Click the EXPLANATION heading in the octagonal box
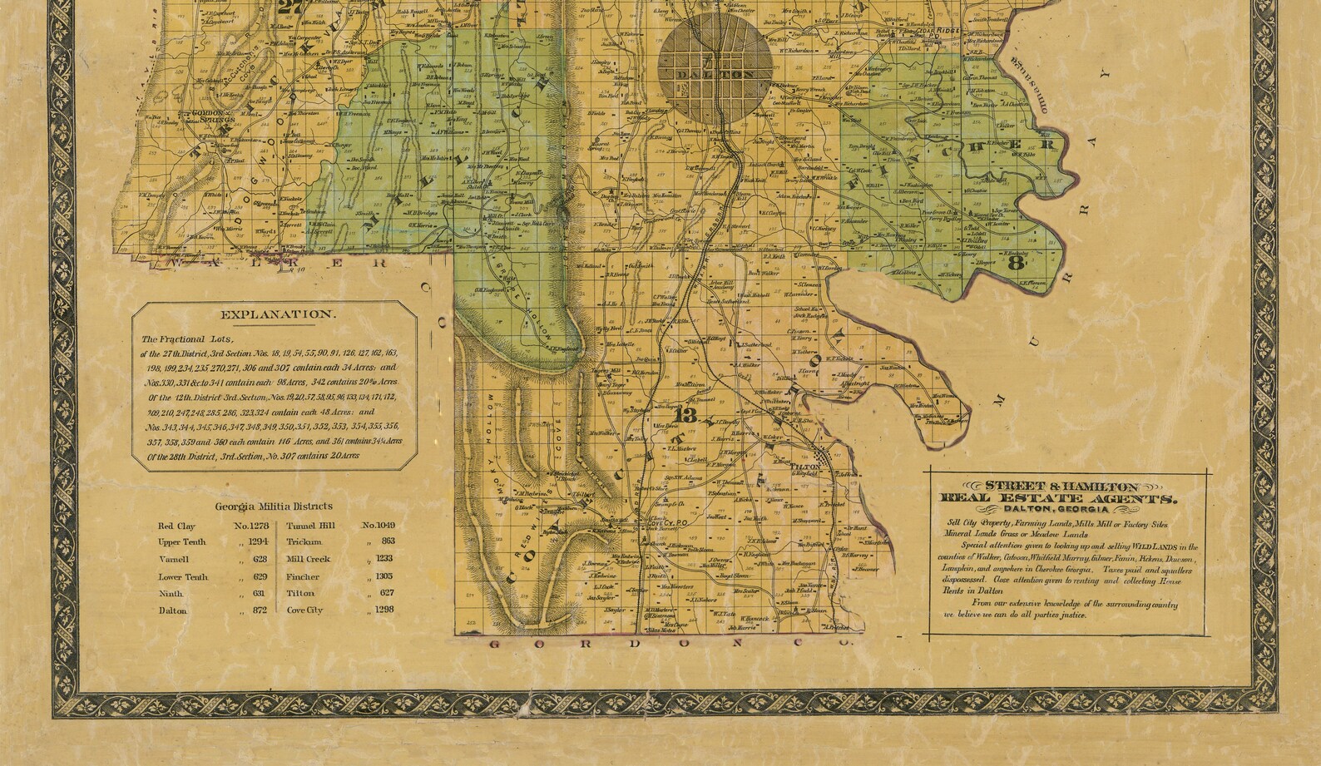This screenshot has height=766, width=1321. [x=278, y=315]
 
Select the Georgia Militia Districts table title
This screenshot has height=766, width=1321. [x=274, y=506]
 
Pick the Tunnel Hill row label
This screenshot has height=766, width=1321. [x=311, y=526]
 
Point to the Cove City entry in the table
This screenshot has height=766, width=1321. [x=304, y=610]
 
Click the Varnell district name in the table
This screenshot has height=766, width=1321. [x=174, y=560]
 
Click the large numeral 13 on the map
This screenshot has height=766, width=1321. [x=688, y=415]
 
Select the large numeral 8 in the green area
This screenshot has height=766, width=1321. [x=1015, y=264]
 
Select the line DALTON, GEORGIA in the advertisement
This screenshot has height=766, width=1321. [x=1056, y=510]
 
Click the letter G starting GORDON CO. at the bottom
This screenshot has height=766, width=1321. [x=493, y=645]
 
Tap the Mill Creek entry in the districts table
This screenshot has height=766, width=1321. [x=308, y=559]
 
